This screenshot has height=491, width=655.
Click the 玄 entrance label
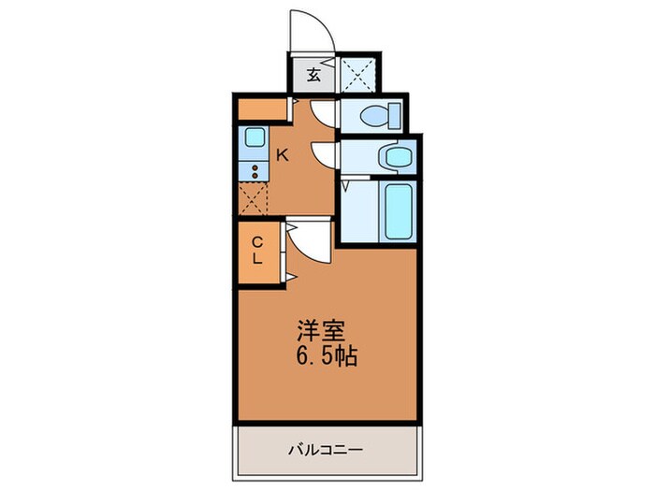tap(314, 75)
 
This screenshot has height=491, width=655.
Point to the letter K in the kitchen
tap(281, 155)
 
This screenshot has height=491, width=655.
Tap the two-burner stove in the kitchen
tap(253, 171)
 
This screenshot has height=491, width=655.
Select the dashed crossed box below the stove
tap(253, 198)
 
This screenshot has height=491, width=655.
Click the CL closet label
tap(256, 250)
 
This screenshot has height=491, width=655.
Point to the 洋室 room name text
tap(322, 332)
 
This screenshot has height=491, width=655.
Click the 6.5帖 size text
tap(327, 356)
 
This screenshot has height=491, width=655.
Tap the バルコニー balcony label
tap(325, 450)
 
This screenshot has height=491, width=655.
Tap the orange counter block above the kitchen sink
tap(254, 110)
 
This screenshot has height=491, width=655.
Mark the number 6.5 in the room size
tap(313, 356)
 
